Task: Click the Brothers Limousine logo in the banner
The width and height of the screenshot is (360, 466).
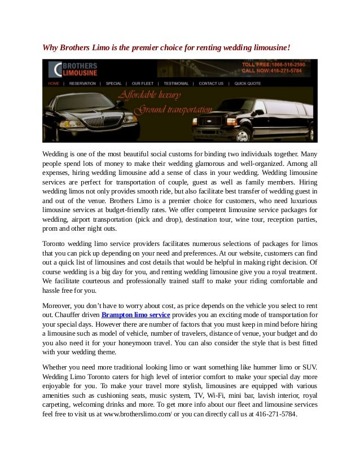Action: (73, 69)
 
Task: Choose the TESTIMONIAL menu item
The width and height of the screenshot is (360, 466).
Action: (176, 83)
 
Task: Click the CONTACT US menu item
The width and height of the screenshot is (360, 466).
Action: (211, 83)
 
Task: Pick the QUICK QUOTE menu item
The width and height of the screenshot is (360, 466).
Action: (248, 83)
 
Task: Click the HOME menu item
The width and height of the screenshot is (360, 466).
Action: (54, 83)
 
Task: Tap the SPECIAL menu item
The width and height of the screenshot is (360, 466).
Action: (115, 83)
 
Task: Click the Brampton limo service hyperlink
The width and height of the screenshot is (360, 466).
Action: (135, 314)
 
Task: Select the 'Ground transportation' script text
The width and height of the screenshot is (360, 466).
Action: (175, 108)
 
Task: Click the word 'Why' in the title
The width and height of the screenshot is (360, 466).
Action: (50, 48)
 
